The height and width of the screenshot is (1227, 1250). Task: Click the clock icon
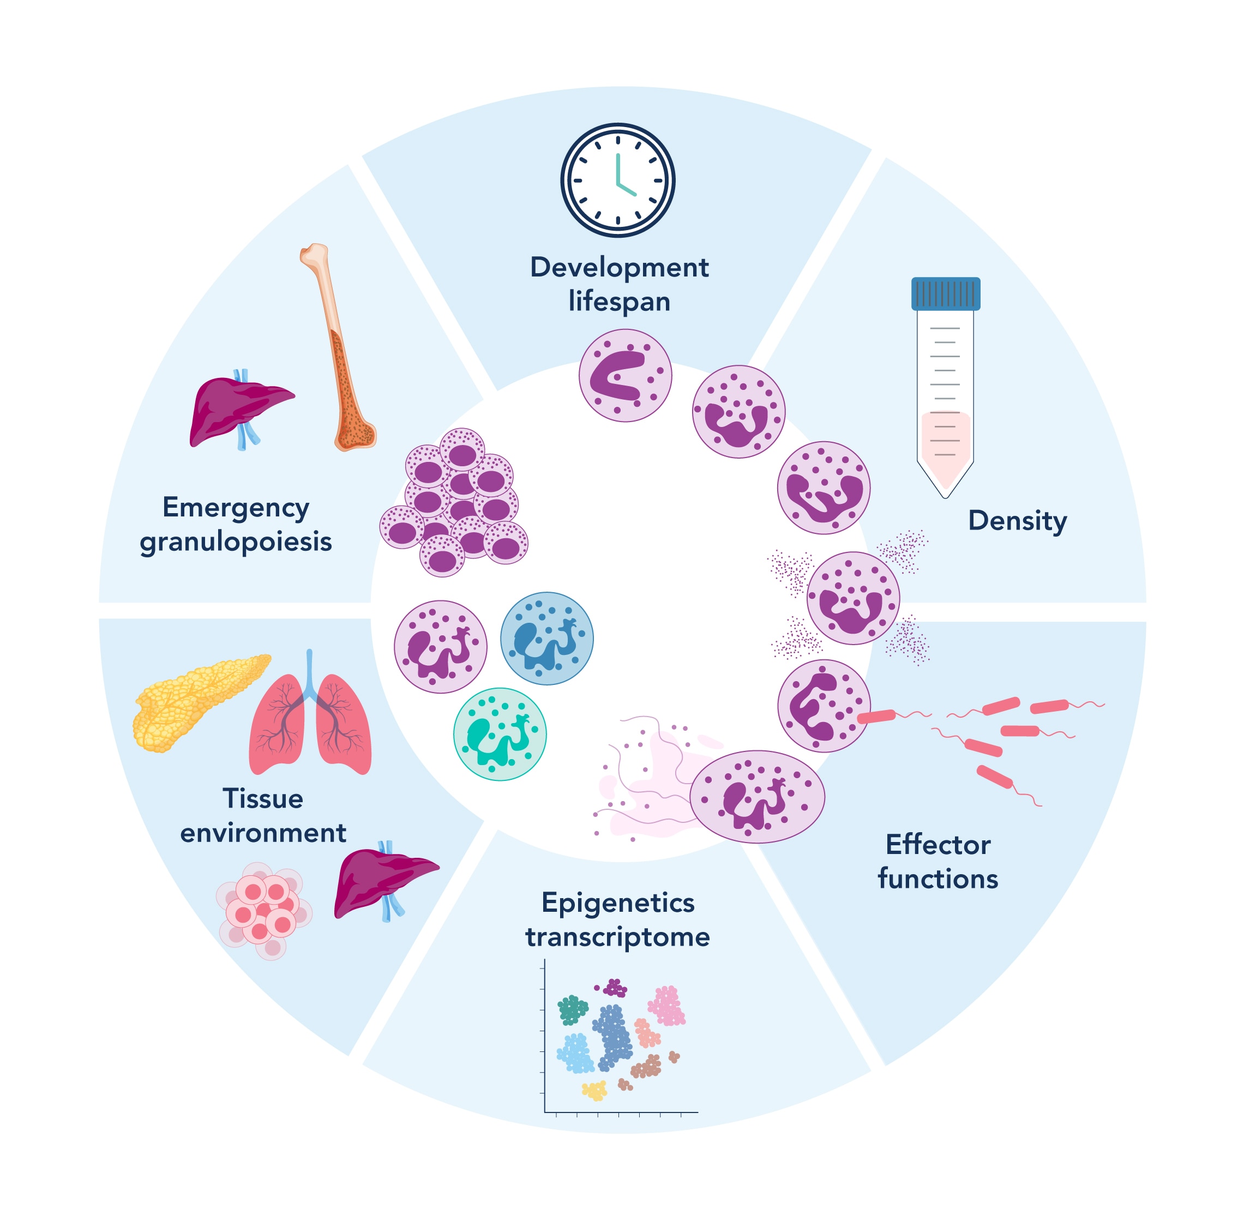pos(617,181)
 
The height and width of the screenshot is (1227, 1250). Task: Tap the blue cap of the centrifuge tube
pos(945,293)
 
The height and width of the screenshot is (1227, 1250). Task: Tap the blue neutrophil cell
pos(546,638)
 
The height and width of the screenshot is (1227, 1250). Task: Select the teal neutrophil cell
pos(500,734)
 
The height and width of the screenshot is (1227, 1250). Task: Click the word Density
pos(1017,521)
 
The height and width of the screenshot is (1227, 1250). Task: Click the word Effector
pos(937,845)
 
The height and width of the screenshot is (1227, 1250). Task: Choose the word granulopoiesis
pos(236,542)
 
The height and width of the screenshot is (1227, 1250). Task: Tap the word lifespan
pos(618,301)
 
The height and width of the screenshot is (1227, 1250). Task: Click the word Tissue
pos(263,798)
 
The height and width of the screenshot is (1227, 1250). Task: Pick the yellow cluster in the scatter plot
pos(594,1090)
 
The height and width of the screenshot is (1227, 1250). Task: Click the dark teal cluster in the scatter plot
pos(572,1010)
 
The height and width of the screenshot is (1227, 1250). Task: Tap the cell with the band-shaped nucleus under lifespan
pos(624,376)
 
